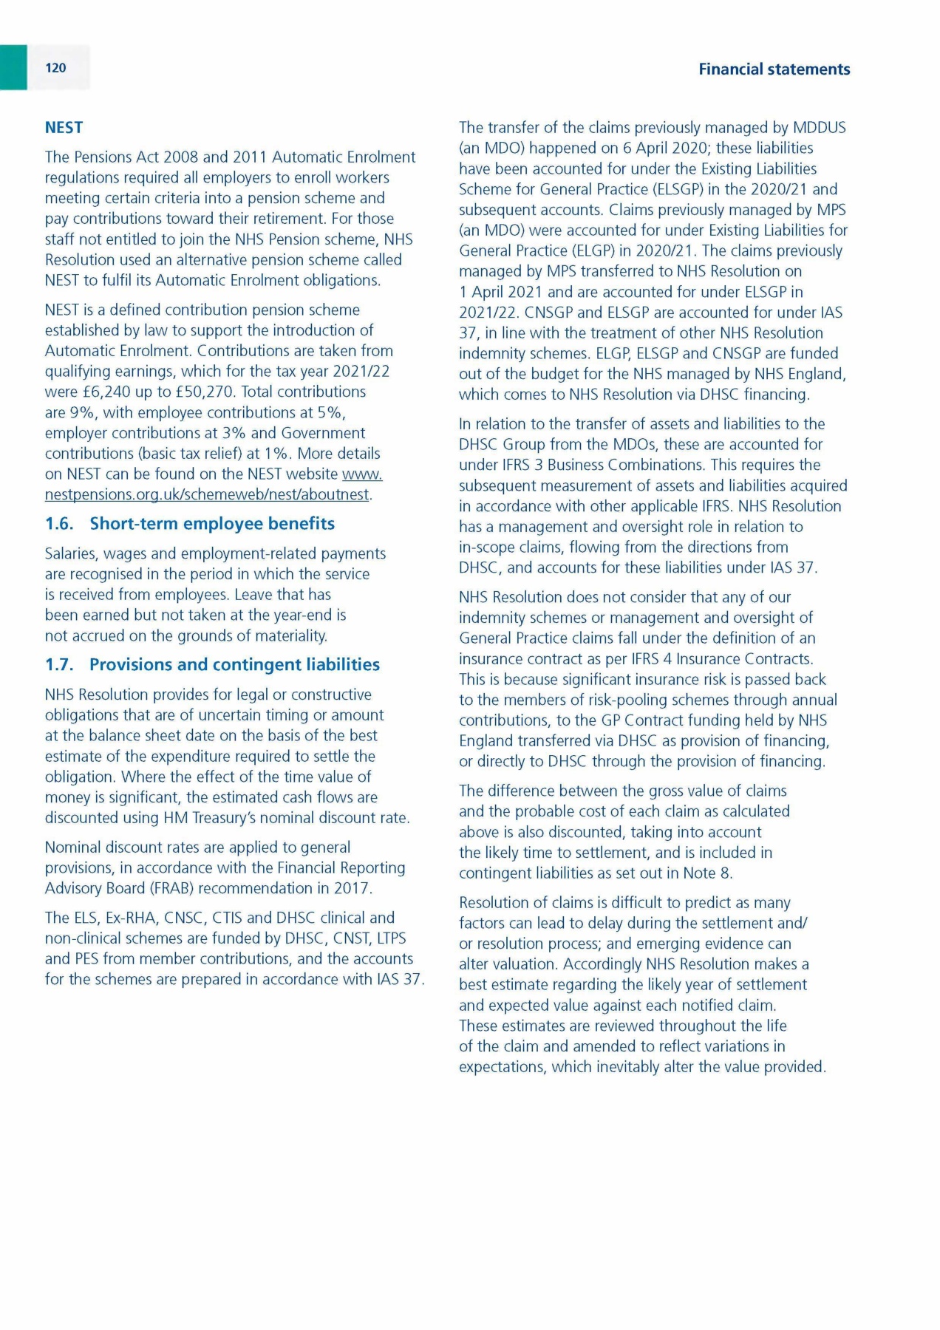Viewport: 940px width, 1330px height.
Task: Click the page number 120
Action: [55, 68]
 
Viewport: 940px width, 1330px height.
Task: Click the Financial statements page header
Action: [774, 69]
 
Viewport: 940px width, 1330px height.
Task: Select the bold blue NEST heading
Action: [64, 128]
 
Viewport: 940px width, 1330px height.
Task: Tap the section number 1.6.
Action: [59, 524]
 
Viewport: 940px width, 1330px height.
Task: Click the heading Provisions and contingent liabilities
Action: [234, 665]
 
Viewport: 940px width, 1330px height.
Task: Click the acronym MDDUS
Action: [819, 128]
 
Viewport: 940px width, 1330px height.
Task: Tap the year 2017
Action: [351, 888]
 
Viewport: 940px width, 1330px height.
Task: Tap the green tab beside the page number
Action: [13, 68]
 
